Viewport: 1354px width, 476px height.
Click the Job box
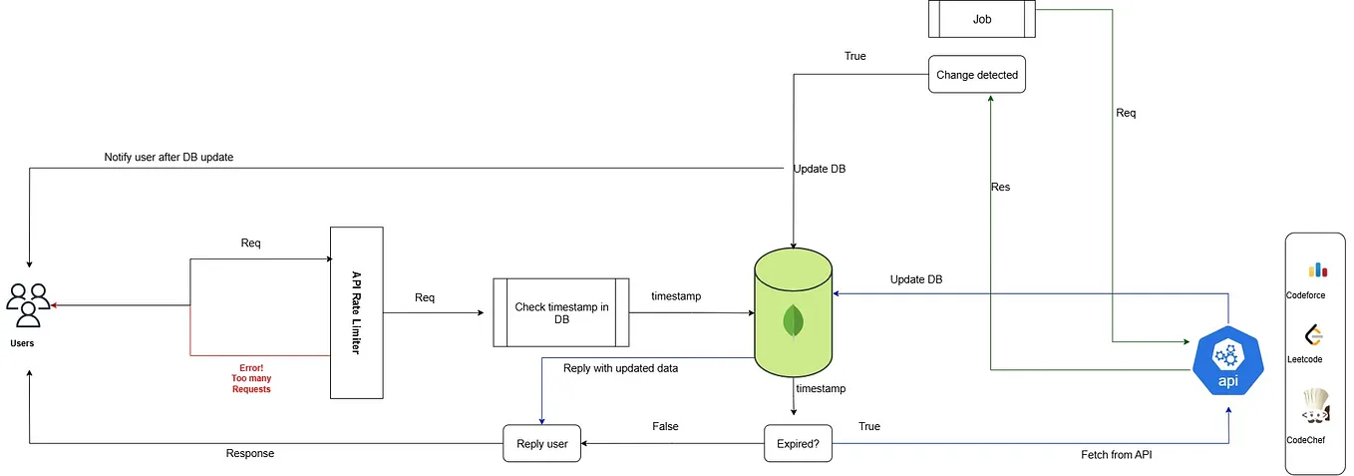982,19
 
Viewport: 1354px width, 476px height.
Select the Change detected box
977,75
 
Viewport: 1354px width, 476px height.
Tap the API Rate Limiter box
357,312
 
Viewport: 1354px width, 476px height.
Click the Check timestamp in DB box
561,312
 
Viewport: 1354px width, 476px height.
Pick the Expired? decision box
798,443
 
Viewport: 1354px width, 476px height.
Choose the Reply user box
541,443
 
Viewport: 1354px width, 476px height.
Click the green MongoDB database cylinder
793,312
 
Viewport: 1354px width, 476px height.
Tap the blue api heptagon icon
1228,360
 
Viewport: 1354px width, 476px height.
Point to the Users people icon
28,304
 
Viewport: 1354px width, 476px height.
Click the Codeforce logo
1318,269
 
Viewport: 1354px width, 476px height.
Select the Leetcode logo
1313,335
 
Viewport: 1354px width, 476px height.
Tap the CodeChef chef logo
1316,405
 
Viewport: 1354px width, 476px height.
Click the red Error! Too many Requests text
251,378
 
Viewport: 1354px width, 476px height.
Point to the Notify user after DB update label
169,158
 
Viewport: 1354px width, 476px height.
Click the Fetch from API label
1117,455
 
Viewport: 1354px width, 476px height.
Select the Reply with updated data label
621,368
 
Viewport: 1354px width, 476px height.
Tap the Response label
250,454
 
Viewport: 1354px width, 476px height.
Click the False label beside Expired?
665,426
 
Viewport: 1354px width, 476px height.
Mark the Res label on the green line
1000,187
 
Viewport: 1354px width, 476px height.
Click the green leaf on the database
793,321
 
